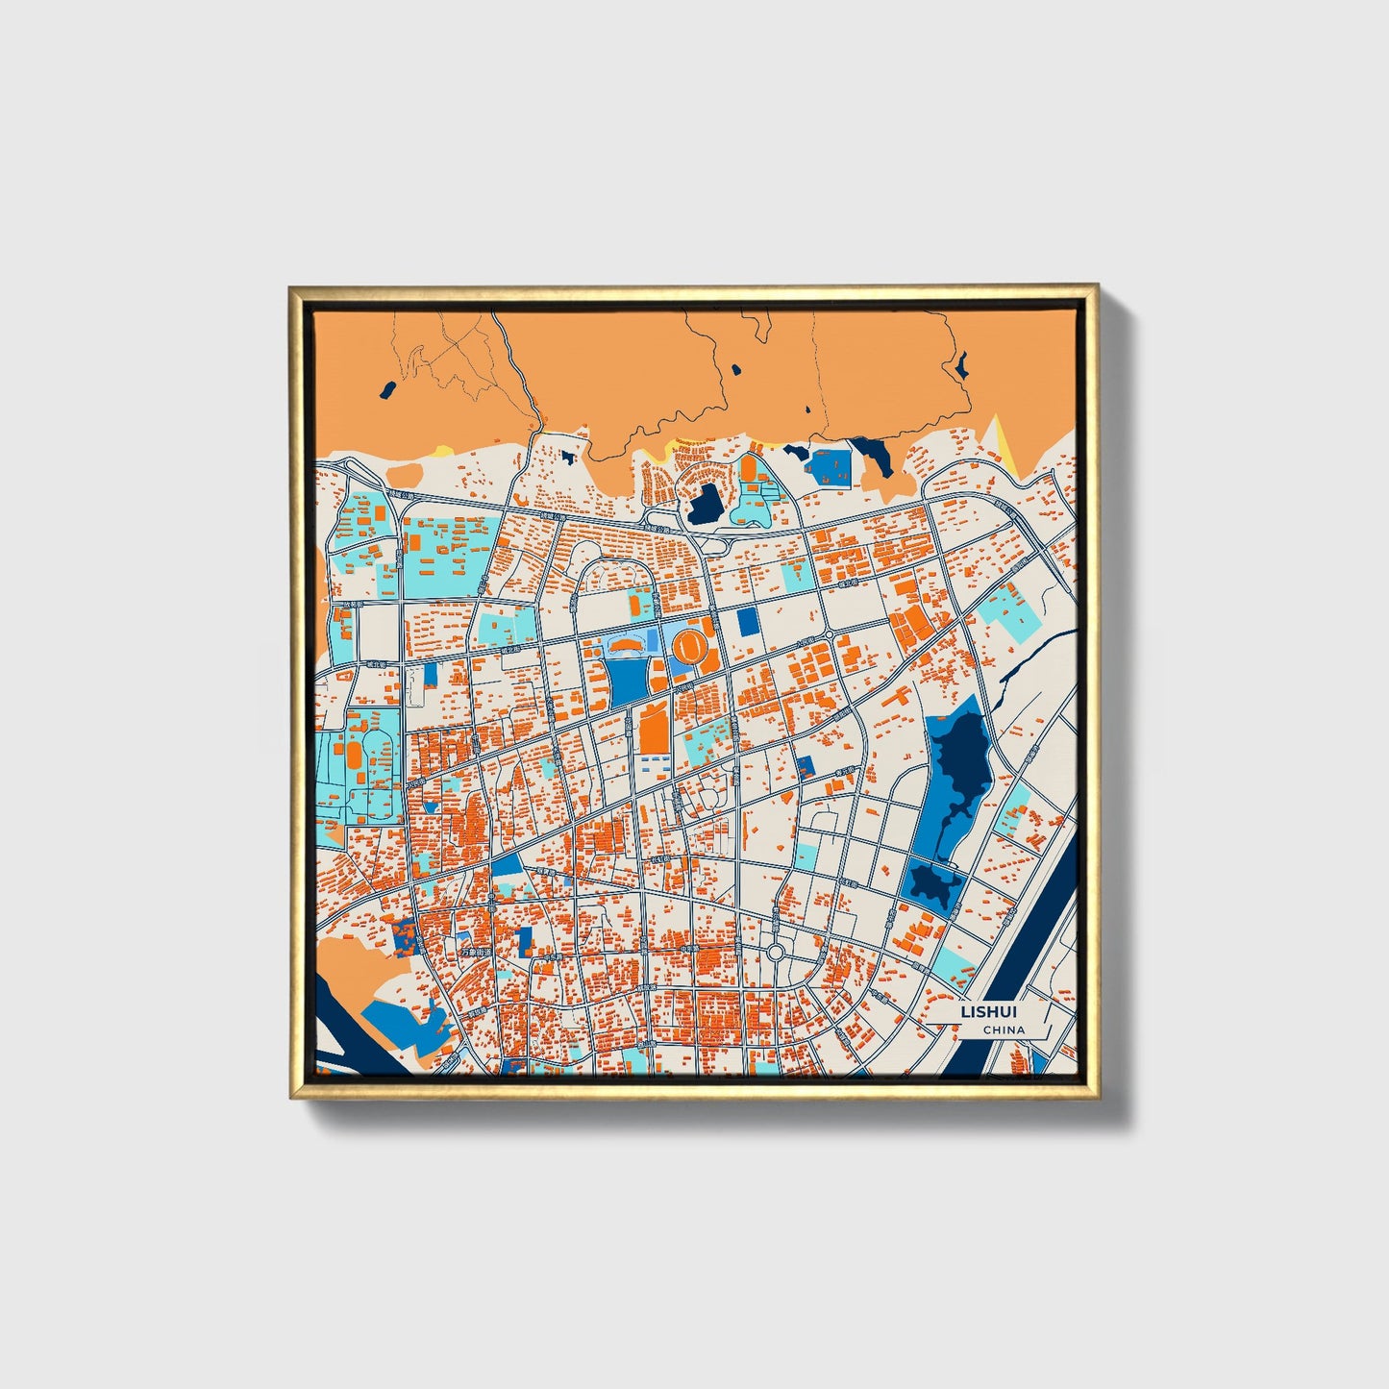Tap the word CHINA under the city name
click(x=1004, y=1030)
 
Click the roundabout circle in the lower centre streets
click(x=776, y=953)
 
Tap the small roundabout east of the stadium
click(x=829, y=635)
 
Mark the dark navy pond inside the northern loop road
click(x=706, y=503)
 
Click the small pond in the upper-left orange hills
click(x=387, y=390)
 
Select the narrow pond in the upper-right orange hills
click(x=960, y=364)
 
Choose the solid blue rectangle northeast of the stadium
click(x=748, y=621)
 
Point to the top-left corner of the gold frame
click(x=292, y=287)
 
